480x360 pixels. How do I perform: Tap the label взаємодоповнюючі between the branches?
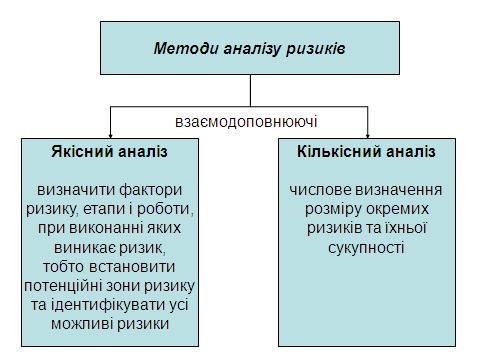(x=246, y=122)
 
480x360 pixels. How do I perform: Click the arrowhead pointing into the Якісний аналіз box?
(x=111, y=135)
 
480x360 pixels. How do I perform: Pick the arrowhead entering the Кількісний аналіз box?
(x=368, y=135)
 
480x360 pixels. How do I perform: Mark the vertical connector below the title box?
(x=250, y=90)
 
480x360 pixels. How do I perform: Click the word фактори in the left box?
(x=151, y=190)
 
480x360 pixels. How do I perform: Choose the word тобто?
(x=63, y=267)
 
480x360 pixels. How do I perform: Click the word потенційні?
(x=63, y=286)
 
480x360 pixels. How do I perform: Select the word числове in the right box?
(x=320, y=190)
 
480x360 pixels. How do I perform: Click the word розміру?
(x=333, y=210)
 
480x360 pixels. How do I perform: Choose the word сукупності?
(x=366, y=248)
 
